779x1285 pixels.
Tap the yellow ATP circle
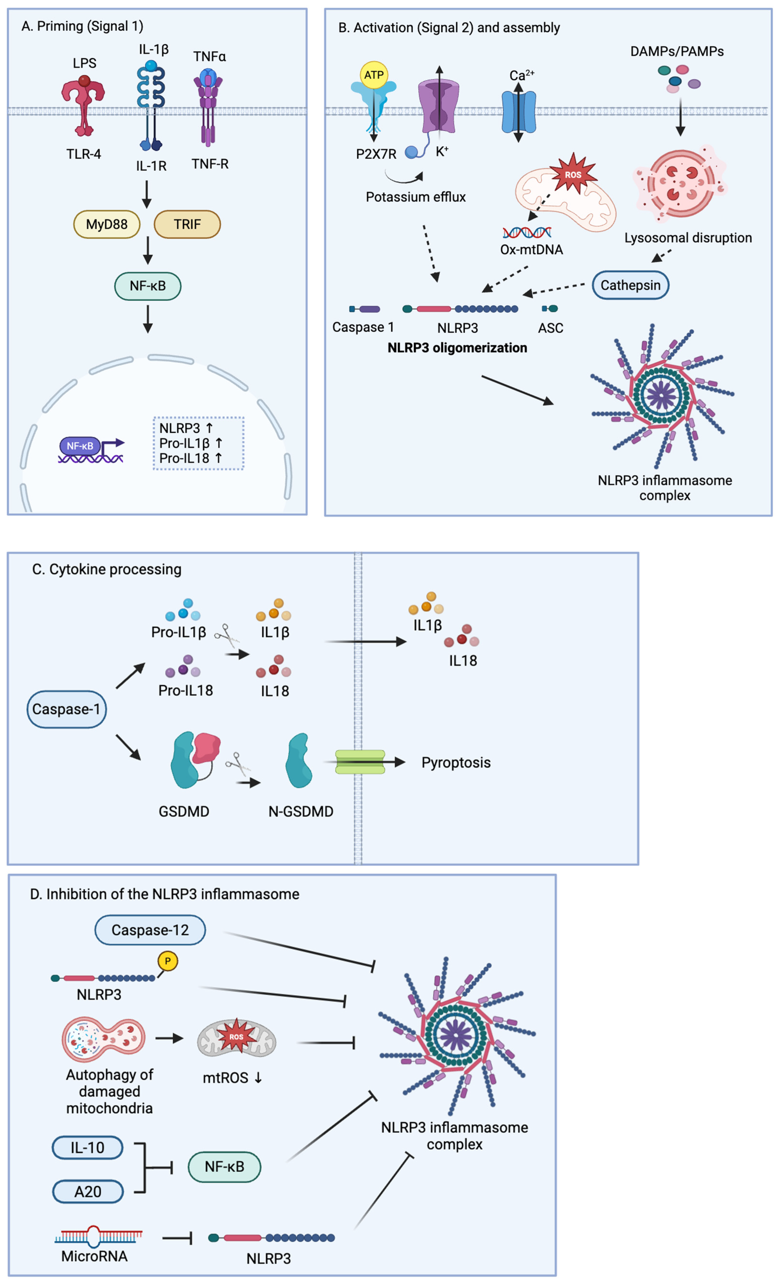pyautogui.click(x=374, y=75)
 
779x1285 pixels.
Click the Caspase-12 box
pyautogui.click(x=150, y=930)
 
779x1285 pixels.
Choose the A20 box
pyautogui.click(x=88, y=1192)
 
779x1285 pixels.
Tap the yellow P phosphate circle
pyautogui.click(x=167, y=961)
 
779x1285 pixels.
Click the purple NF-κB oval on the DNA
pyautogui.click(x=80, y=446)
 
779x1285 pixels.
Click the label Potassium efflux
pyautogui.click(x=415, y=197)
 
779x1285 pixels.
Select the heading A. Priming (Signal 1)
pyautogui.click(x=82, y=26)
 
